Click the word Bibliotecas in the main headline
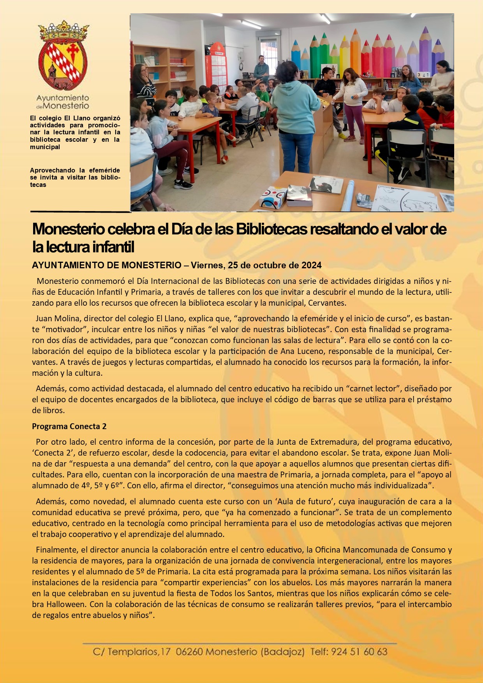pyautogui.click(x=271, y=229)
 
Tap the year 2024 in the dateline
pyautogui.click(x=311, y=266)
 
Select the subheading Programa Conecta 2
pyautogui.click(x=69, y=426)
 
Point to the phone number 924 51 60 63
pyautogui.click(x=359, y=652)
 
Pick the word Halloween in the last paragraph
pyautogui.click(x=67, y=604)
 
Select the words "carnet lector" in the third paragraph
pyautogui.click(x=373, y=389)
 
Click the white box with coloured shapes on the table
pyautogui.click(x=273, y=197)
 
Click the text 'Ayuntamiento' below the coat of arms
pyautogui.click(x=62, y=98)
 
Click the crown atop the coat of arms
pyautogui.click(x=63, y=31)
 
